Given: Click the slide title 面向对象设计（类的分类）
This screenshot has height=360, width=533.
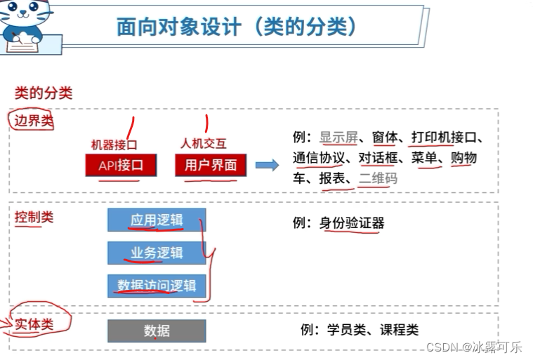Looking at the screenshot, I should (237, 27).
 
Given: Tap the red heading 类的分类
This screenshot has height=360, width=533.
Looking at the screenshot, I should (44, 93).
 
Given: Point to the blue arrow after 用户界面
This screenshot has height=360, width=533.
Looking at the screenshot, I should (267, 166).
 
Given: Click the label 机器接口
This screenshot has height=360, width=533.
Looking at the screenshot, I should (114, 145).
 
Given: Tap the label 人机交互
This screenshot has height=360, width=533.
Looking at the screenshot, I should (204, 145).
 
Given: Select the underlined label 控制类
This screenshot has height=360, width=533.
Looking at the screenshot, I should (34, 217).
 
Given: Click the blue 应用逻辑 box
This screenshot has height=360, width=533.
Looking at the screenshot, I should (156, 220).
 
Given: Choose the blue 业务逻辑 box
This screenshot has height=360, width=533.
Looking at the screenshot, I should (156, 253).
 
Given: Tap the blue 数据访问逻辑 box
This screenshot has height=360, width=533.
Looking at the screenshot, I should (156, 286).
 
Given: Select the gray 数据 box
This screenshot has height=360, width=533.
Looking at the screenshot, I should (156, 331).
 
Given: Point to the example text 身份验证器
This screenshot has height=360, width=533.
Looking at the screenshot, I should (352, 224).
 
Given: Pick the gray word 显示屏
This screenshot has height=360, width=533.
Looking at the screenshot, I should (338, 138).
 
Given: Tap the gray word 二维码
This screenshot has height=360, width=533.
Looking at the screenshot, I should (378, 179).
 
